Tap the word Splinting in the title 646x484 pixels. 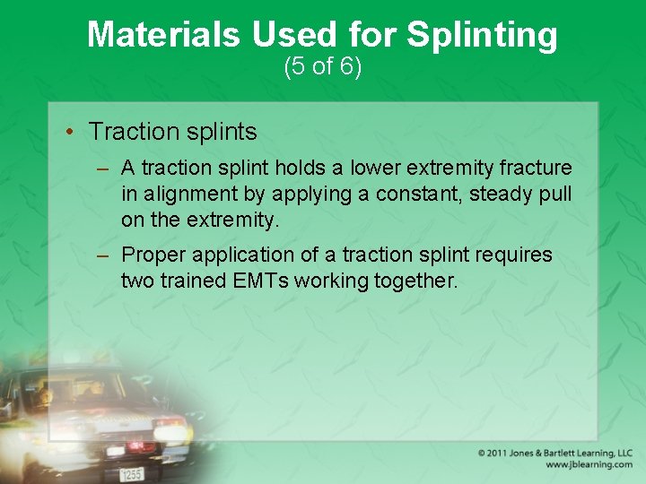click(482, 36)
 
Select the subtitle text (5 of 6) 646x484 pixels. click(322, 66)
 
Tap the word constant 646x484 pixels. click(425, 194)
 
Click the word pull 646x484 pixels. click(555, 194)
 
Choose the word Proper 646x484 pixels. click(149, 255)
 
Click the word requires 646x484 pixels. click(515, 255)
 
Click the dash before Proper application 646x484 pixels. click(103, 255)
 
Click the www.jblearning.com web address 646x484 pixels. click(588, 465)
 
